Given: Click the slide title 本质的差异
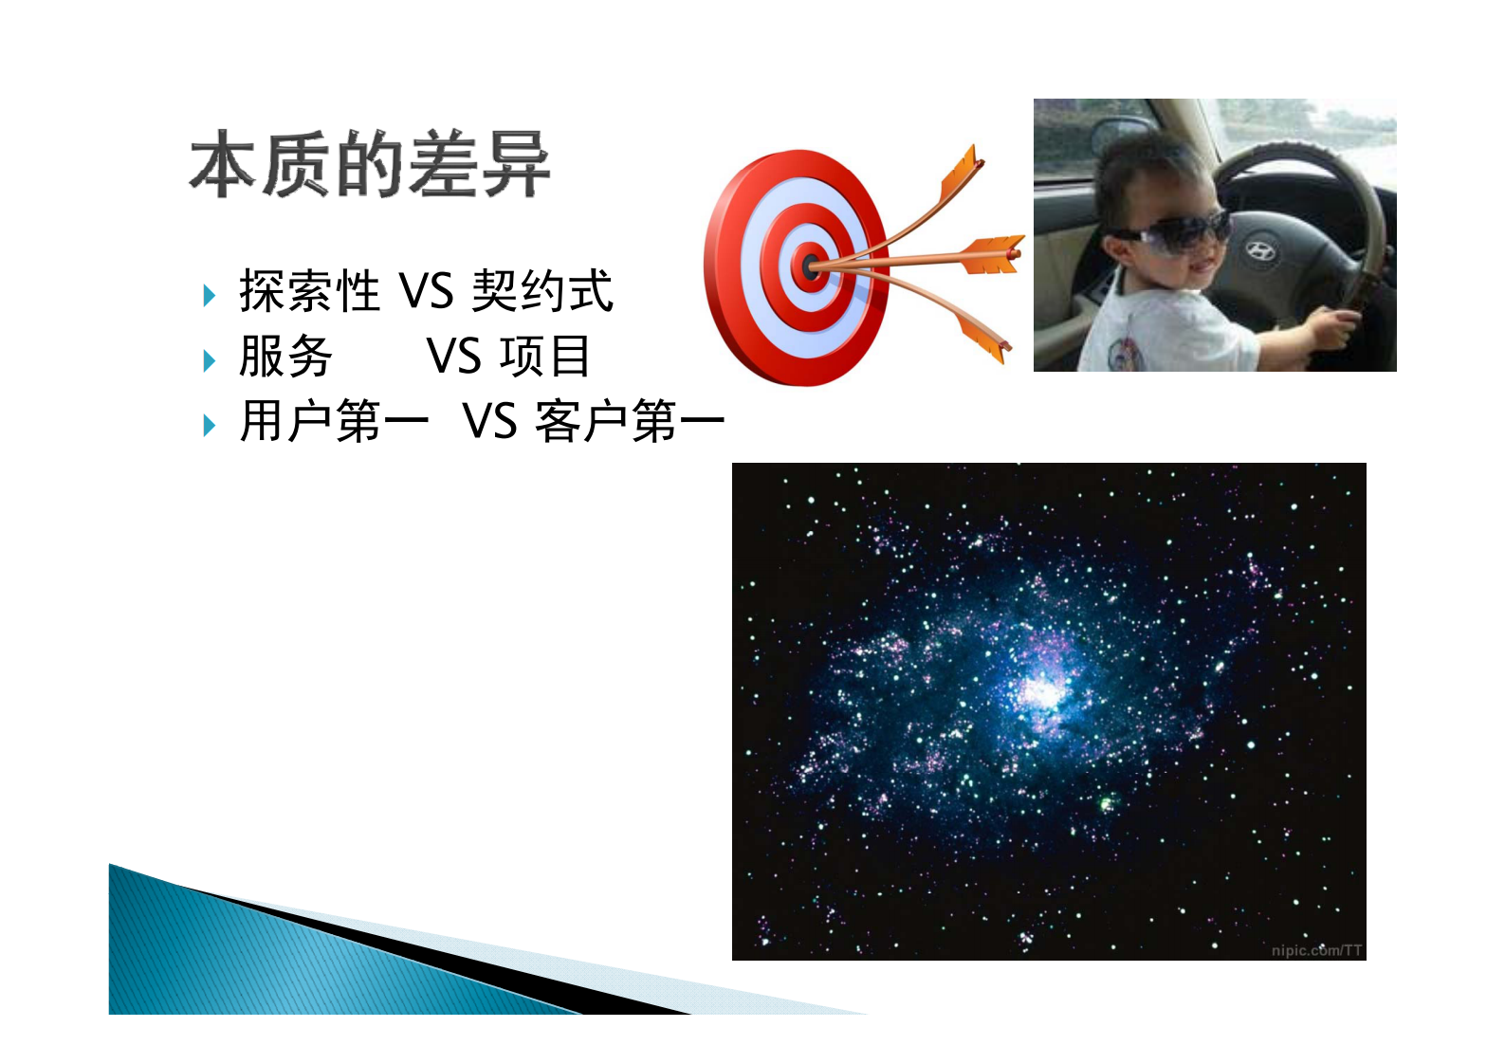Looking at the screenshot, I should point(370,166).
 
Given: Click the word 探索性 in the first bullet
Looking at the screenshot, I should point(309,290).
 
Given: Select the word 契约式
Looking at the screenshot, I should point(542,290).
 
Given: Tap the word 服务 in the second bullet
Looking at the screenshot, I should point(285,357).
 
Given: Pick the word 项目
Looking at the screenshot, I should point(545,357).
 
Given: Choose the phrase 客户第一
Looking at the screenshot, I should point(630,421).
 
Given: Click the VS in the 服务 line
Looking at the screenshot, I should point(454,357).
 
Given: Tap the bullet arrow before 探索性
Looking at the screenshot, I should point(210,295).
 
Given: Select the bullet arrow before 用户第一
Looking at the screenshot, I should point(210,425).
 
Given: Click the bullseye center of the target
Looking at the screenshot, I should point(809,266).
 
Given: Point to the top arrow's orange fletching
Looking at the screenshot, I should point(960,176).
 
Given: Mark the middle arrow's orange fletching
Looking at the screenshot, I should point(992,253).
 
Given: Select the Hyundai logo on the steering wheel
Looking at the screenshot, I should point(1259,250).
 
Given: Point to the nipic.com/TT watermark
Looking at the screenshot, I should point(1316,950).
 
